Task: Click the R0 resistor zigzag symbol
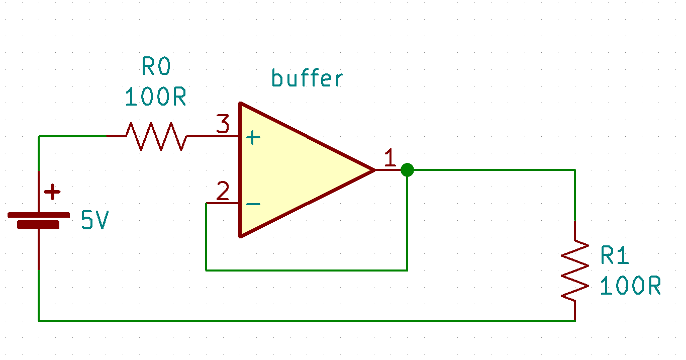[156, 136]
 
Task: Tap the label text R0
[156, 66]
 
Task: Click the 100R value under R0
[156, 97]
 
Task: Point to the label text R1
[615, 256]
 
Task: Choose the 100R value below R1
[630, 286]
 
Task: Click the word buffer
[307, 78]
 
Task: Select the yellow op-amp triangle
[291, 170]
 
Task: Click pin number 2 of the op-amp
[223, 192]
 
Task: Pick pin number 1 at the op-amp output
[390, 158]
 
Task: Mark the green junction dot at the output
[407, 170]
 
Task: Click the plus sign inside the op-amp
[253, 137]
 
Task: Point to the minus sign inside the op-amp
[253, 204]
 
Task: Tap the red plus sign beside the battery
[52, 192]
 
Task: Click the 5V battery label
[95, 221]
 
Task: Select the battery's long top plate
[39, 215]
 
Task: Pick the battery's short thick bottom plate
[39, 225]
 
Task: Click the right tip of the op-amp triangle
[374, 170]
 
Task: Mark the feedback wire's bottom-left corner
[206, 270]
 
